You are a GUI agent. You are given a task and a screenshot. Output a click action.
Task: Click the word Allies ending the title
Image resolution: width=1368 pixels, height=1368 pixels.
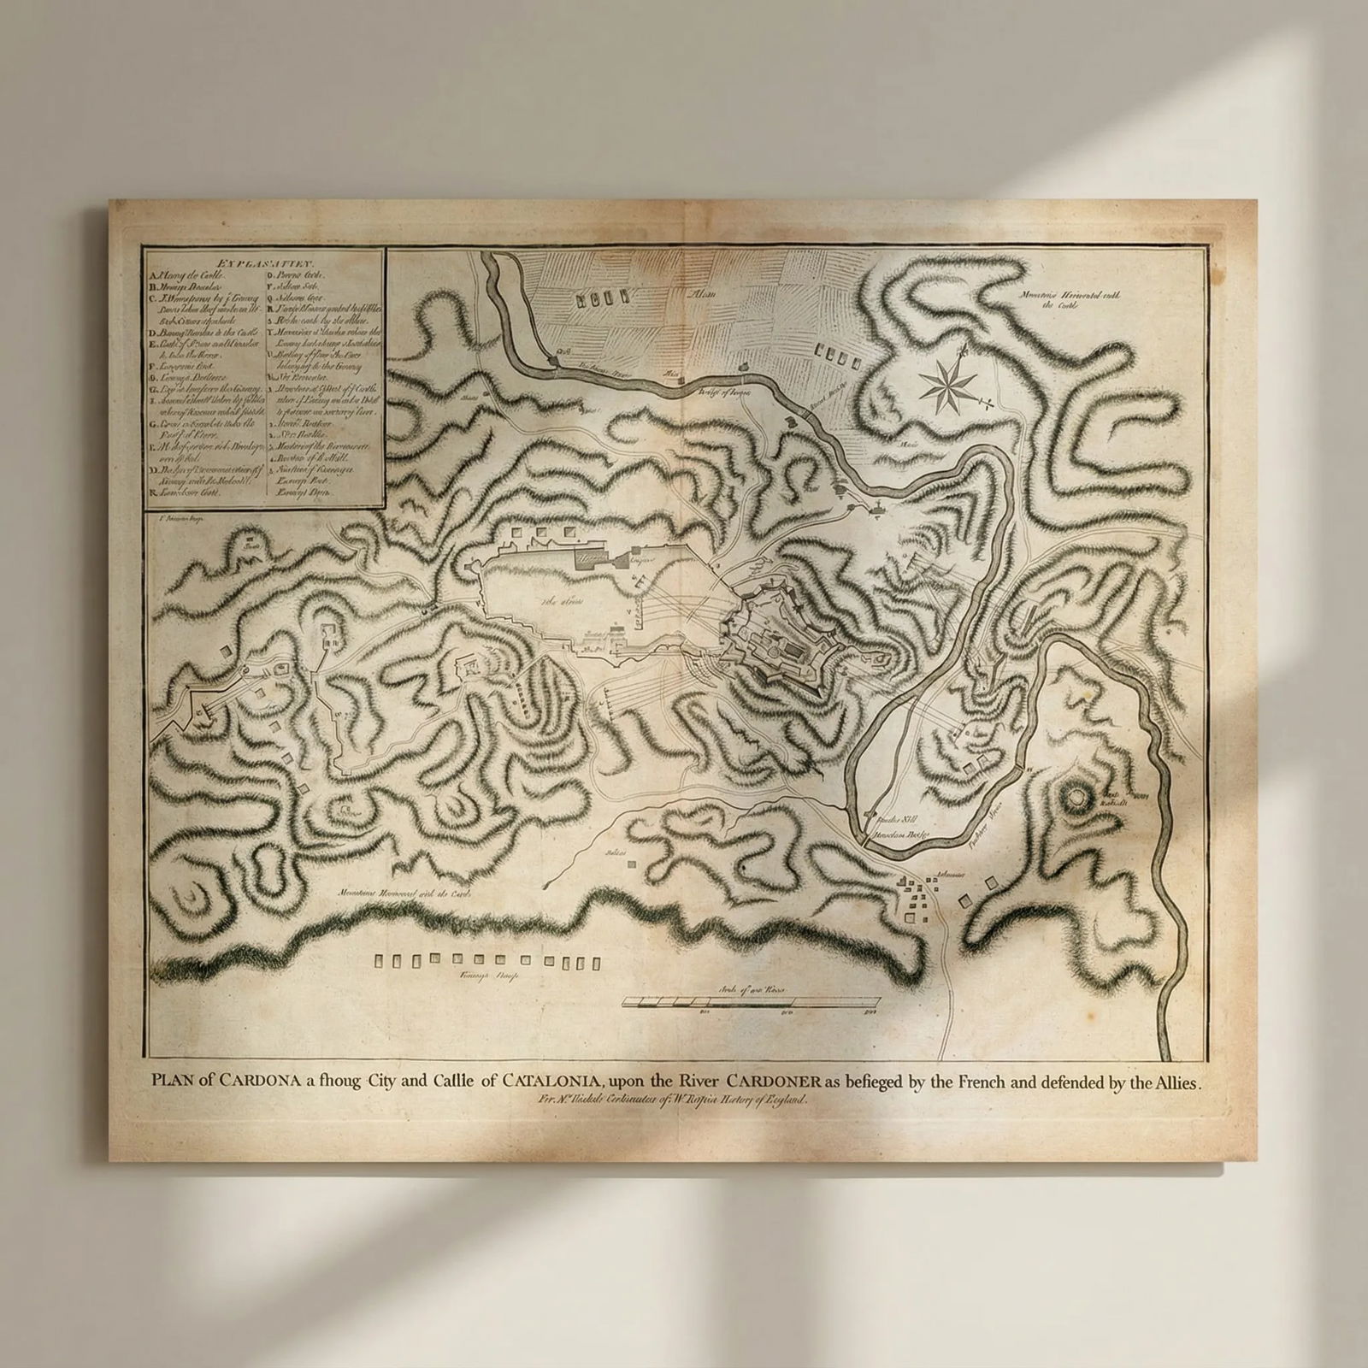pos(1176,1082)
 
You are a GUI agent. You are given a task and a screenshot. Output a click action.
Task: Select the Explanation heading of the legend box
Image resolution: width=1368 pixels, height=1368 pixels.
pos(265,264)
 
